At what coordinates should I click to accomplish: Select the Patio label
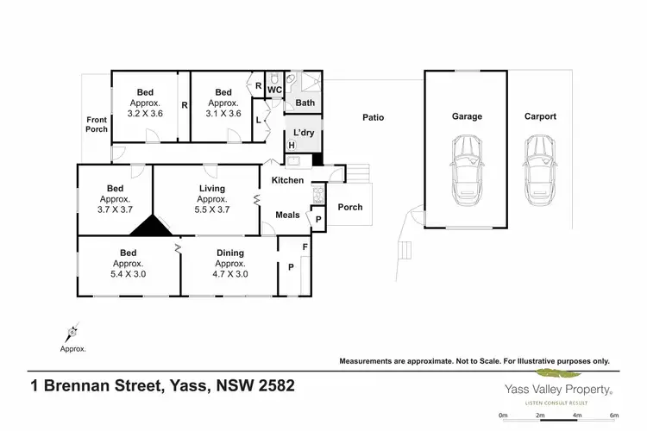tap(373, 118)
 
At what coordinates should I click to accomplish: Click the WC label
tap(274, 90)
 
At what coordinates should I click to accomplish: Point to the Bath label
tap(305, 103)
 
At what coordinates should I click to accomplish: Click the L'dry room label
tap(303, 132)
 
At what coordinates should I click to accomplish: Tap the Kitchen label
tap(288, 180)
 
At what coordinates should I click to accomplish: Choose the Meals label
tap(287, 215)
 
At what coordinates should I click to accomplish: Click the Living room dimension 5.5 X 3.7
tap(212, 209)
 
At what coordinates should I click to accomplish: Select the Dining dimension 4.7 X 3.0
tap(230, 274)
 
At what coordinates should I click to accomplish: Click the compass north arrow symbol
tap(72, 331)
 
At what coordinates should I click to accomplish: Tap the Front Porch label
tap(97, 124)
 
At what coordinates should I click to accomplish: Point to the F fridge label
tap(304, 247)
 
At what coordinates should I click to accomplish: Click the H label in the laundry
tap(292, 146)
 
